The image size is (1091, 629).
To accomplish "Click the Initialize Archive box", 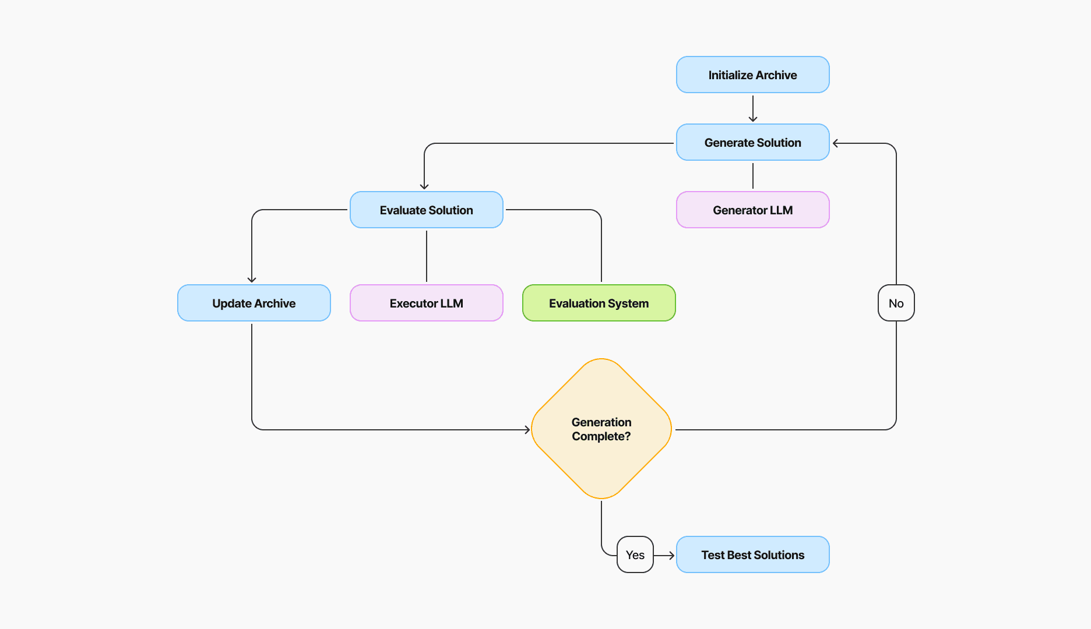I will point(752,75).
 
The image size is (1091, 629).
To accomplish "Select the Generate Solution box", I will point(752,142).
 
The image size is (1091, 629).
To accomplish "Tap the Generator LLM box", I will point(752,210).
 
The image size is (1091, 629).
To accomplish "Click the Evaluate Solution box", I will point(426,210).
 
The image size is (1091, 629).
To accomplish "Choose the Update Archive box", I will point(254,303).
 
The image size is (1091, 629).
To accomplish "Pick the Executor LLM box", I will point(426,303).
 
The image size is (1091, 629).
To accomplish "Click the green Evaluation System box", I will point(599,303).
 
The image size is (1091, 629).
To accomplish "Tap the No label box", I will point(896,303).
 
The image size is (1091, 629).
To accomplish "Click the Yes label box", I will point(635,554).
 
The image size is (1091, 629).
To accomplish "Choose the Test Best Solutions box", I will point(752,554).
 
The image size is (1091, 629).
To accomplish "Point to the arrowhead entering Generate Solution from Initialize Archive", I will point(752,119).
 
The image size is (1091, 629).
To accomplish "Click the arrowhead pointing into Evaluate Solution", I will point(424,186).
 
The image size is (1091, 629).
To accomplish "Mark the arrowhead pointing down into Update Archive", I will point(252,280).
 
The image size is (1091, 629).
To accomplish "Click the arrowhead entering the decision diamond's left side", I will point(527,430).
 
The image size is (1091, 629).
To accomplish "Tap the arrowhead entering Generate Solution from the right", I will point(835,143).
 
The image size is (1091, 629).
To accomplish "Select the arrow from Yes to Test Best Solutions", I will point(664,556).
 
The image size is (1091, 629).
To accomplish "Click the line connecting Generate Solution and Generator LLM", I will point(752,176).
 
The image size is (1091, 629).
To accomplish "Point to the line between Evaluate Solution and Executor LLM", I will point(426,256).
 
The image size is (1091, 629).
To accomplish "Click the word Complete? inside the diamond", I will point(601,436).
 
